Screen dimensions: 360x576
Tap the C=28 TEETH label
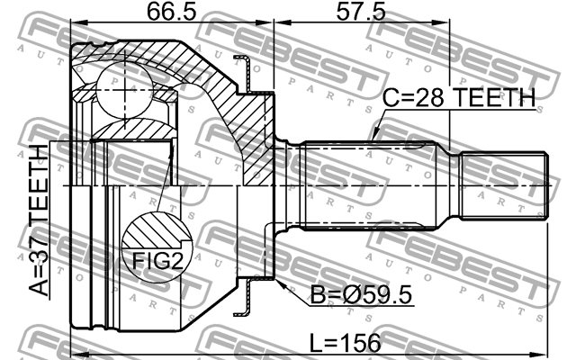click(x=460, y=97)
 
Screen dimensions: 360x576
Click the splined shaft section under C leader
click(x=378, y=186)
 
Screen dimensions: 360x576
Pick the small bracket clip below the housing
click(x=241, y=302)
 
